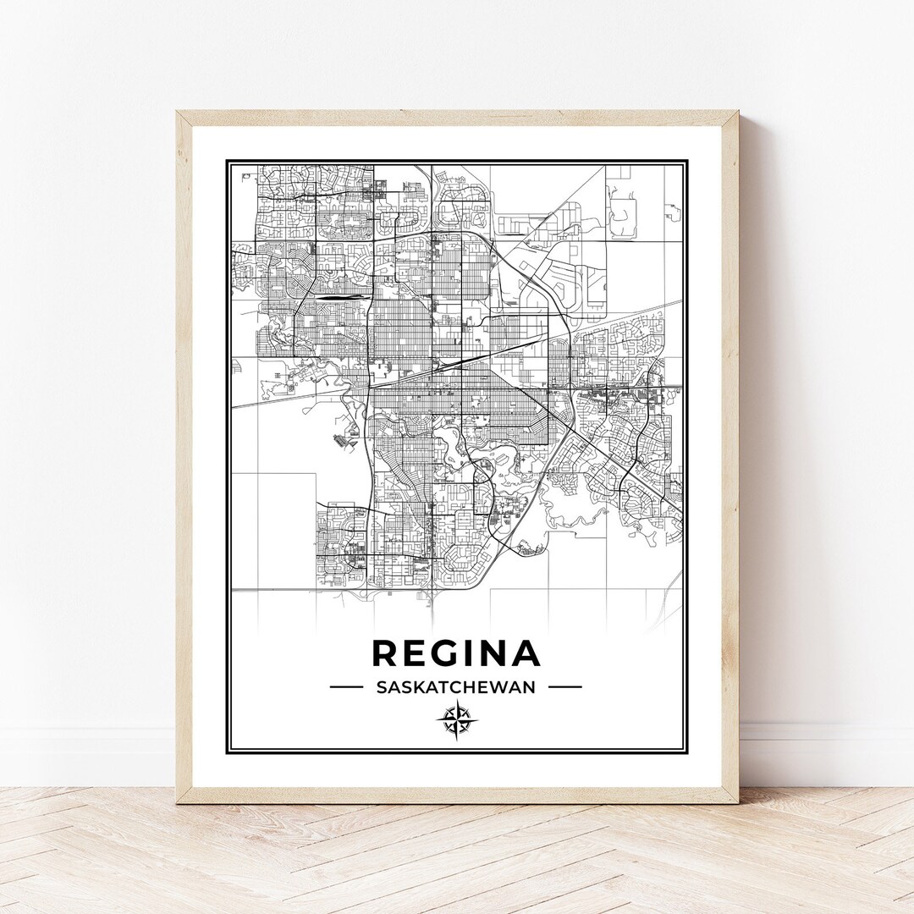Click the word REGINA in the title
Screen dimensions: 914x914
(x=456, y=653)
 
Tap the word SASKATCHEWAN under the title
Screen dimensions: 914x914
(x=456, y=687)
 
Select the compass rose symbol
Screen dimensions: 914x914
(x=457, y=720)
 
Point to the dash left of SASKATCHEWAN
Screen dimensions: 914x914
(x=346, y=687)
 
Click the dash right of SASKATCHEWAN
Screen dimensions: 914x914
(x=565, y=687)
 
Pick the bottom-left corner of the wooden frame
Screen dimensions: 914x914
(x=177, y=801)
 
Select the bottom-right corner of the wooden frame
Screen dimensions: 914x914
(x=737, y=801)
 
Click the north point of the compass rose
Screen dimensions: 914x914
(x=457, y=702)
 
